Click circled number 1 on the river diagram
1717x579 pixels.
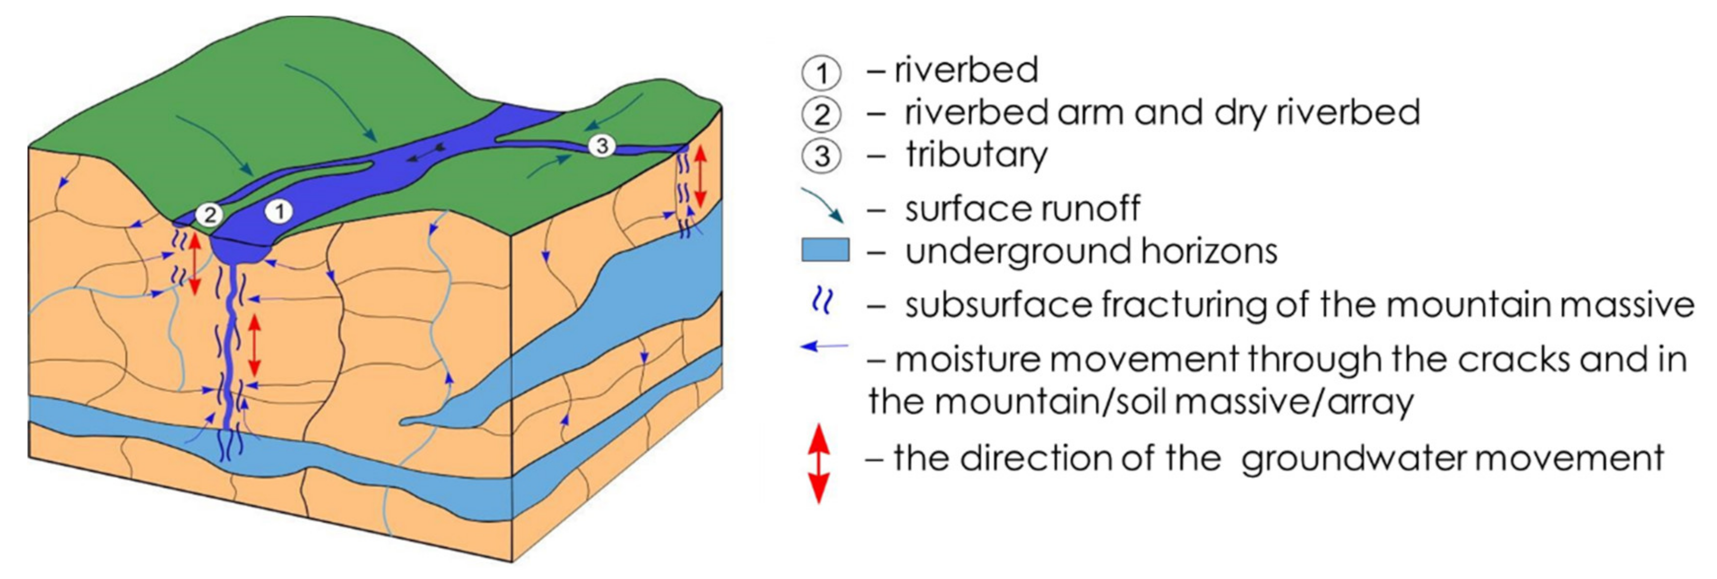[x=279, y=212]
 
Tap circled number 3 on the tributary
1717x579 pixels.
[x=602, y=145]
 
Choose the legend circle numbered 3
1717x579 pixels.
[x=822, y=157]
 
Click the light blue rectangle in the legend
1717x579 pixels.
[x=825, y=251]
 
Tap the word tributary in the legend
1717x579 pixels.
[x=977, y=155]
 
